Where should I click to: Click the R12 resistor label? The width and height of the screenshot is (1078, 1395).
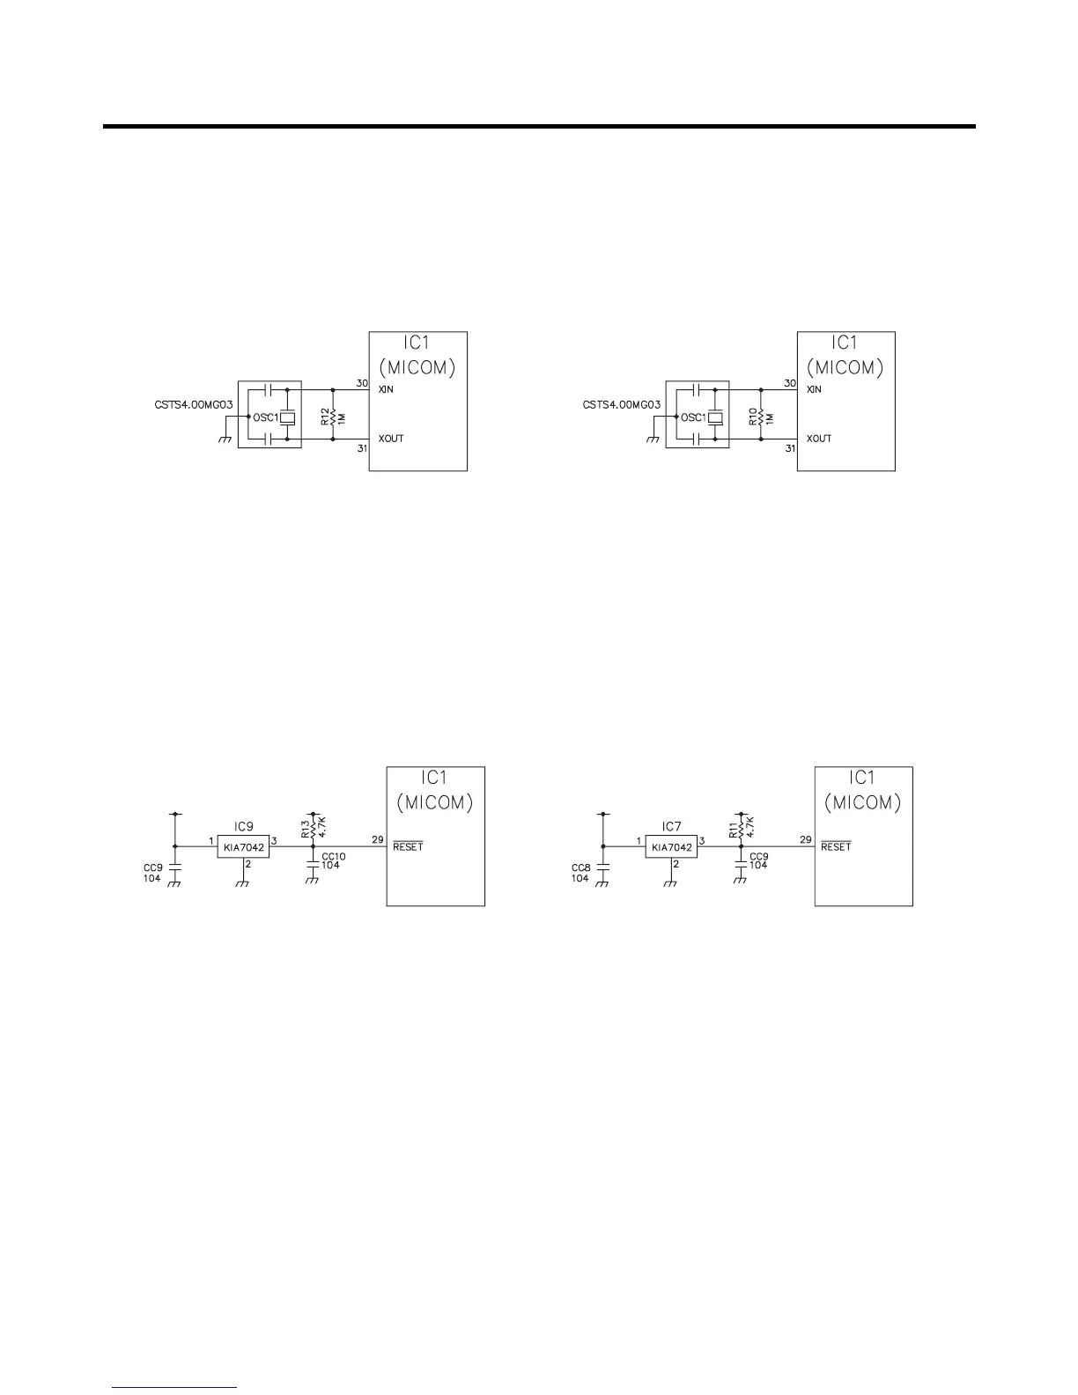324,416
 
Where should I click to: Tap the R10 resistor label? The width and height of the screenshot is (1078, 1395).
753,416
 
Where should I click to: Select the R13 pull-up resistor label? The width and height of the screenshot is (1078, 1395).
306,827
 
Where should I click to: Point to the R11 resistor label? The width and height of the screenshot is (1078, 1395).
734,827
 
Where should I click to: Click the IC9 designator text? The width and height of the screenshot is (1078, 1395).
244,826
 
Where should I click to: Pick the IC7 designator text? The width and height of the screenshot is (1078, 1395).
672,826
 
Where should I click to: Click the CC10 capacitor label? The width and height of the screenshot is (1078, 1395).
334,856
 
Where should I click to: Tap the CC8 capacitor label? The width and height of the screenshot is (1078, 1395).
580,867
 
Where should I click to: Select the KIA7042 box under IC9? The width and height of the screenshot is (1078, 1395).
244,847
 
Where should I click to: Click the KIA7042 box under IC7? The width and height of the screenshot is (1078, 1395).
672,847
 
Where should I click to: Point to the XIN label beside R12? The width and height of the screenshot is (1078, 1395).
385,389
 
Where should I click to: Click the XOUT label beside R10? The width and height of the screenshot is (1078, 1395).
819,439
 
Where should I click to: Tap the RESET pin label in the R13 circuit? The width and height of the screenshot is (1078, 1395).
408,847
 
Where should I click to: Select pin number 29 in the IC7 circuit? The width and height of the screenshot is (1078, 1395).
806,840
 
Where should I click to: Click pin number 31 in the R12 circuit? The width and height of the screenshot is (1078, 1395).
362,448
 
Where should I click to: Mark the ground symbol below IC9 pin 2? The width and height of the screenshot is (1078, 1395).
244,883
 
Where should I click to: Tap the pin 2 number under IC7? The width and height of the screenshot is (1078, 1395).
676,864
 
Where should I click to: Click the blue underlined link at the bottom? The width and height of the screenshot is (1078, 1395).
175,1387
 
